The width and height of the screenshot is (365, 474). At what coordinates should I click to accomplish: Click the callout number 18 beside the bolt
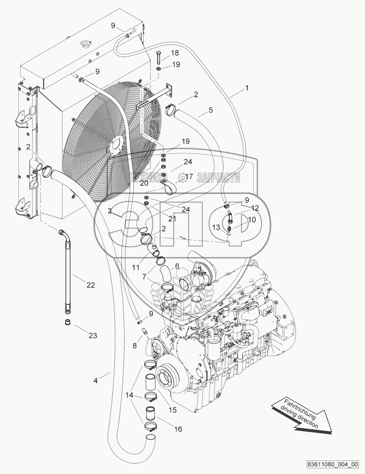pyautogui.click(x=175, y=53)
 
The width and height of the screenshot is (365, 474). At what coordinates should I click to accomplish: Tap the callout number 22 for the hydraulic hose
pyautogui.click(x=91, y=285)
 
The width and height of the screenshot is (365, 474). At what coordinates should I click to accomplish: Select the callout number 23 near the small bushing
pyautogui.click(x=93, y=335)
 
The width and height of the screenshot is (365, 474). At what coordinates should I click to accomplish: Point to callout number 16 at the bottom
pyautogui.click(x=178, y=429)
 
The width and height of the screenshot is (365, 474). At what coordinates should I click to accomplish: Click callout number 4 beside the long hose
pyautogui.click(x=95, y=380)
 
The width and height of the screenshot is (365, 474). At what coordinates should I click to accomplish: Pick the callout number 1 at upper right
pyautogui.click(x=247, y=88)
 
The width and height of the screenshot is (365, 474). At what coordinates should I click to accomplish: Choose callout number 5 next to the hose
pyautogui.click(x=211, y=110)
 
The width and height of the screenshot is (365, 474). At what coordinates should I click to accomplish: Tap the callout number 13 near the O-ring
pyautogui.click(x=216, y=228)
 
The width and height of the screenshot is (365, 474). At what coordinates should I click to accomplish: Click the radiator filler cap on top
pyautogui.click(x=84, y=43)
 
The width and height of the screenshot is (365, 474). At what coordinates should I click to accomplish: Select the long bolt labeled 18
pyautogui.click(x=158, y=57)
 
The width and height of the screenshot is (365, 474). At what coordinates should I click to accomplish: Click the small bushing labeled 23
pyautogui.click(x=68, y=322)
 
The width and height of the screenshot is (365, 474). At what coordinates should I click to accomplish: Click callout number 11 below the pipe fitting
pyautogui.click(x=136, y=267)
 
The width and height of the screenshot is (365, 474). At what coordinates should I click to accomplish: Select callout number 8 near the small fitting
pyautogui.click(x=135, y=345)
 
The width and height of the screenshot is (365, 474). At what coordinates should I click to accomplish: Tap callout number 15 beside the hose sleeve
pyautogui.click(x=173, y=410)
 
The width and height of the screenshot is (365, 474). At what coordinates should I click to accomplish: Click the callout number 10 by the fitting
pyautogui.click(x=252, y=219)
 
